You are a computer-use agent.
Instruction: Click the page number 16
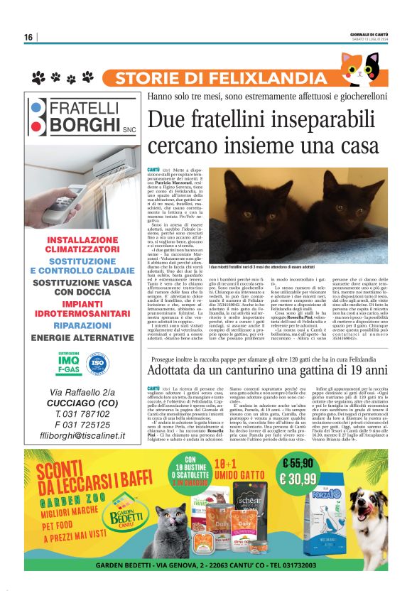click(x=28, y=37)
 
